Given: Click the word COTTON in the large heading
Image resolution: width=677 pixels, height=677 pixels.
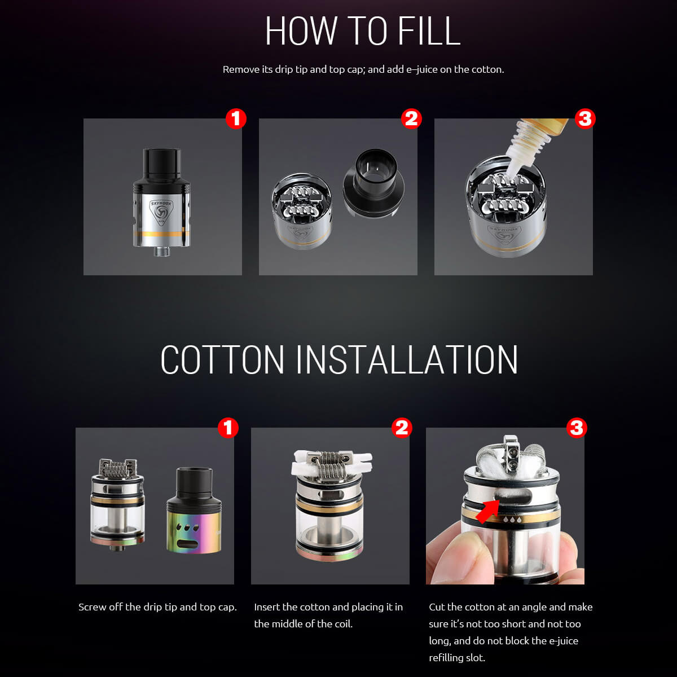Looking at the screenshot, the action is (x=222, y=359).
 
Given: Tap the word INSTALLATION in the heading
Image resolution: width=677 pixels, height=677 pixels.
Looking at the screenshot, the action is (x=406, y=359).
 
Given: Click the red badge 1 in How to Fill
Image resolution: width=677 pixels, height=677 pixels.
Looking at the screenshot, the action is (x=236, y=118).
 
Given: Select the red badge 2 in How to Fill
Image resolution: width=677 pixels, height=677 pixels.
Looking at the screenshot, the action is (x=411, y=118).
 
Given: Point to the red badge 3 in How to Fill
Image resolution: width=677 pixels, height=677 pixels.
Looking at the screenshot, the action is (x=585, y=118).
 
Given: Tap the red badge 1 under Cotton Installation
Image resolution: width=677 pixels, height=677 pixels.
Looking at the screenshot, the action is (x=228, y=428).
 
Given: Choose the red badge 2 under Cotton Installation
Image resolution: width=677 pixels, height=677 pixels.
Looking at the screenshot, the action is (x=402, y=428).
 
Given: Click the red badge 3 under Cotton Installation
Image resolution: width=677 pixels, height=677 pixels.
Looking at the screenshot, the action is (x=577, y=428).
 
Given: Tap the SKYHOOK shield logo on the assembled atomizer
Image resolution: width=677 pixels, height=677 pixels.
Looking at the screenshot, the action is (x=161, y=213).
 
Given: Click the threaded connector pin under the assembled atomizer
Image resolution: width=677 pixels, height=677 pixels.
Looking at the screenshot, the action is (x=162, y=251).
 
